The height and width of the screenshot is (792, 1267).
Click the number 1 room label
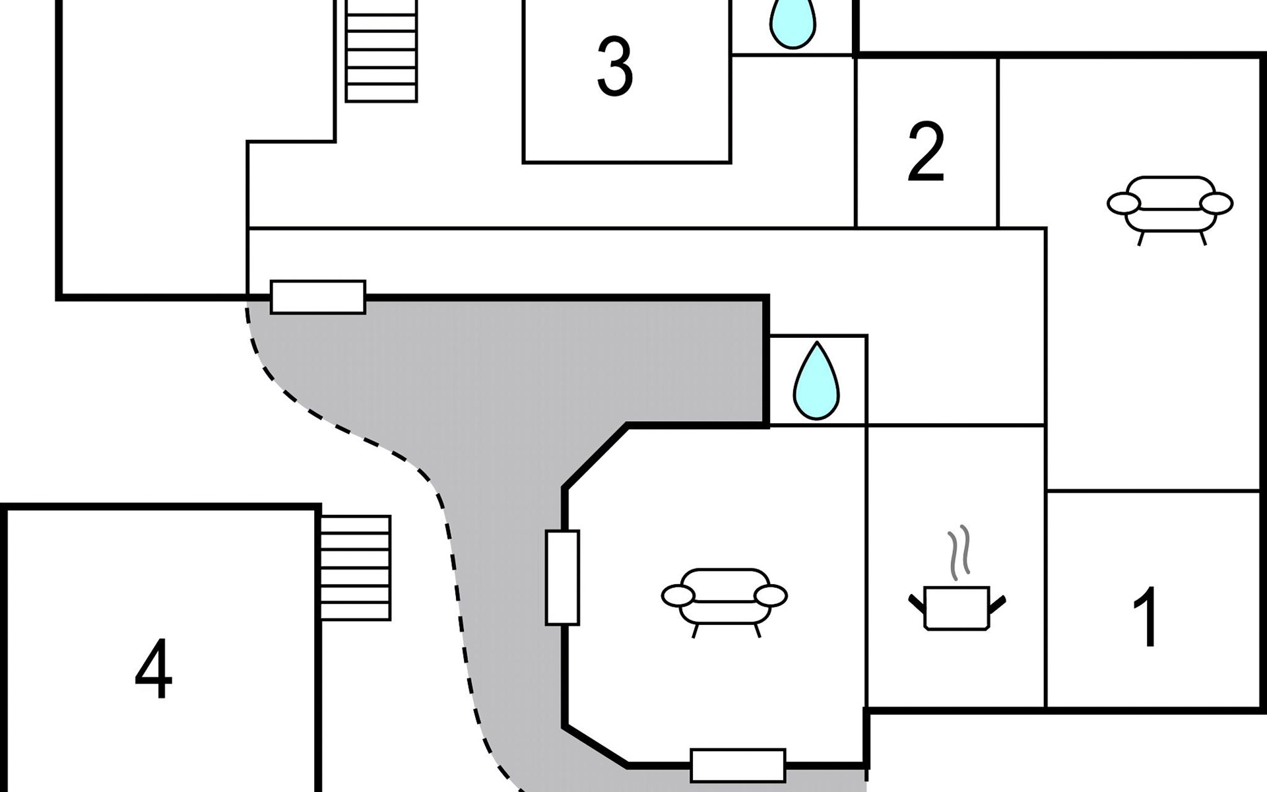pyautogui.click(x=1147, y=616)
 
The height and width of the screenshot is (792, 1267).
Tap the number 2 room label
pyautogui.click(x=926, y=151)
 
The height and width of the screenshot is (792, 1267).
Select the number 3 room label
pyautogui.click(x=615, y=67)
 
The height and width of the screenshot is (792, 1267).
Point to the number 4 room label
pyautogui.click(x=154, y=668)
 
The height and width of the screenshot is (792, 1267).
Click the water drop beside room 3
pyautogui.click(x=793, y=24)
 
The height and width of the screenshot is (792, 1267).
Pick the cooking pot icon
pyautogui.click(x=957, y=608)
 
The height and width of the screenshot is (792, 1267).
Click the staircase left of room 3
pyautogui.click(x=381, y=51)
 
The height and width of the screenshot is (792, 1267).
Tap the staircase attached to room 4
pyautogui.click(x=356, y=568)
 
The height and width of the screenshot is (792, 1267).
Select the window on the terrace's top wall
pyautogui.click(x=318, y=297)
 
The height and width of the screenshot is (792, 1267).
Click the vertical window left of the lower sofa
pyautogui.click(x=563, y=577)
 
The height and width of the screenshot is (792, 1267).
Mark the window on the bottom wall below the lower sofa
pyautogui.click(x=738, y=765)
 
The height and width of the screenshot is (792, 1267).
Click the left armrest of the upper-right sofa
pyautogui.click(x=1124, y=203)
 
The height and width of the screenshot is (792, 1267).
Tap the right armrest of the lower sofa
pyautogui.click(x=771, y=596)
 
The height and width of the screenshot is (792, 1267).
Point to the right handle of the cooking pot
pyautogui.click(x=997, y=603)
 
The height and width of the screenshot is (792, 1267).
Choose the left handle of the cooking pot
pyautogui.click(x=917, y=603)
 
